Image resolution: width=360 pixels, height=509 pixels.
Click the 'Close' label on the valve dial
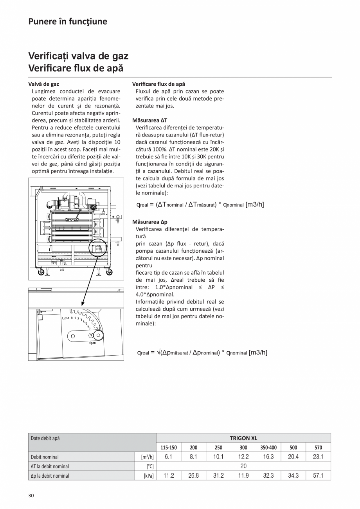click(x=65, y=318)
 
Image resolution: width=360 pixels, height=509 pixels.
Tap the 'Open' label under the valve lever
click(x=92, y=343)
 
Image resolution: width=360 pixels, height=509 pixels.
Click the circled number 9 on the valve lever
click(x=91, y=335)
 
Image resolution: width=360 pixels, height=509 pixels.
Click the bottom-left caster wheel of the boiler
click(x=40, y=273)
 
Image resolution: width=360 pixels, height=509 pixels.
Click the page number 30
click(x=31, y=495)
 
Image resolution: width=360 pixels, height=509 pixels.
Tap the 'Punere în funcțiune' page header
click(x=68, y=22)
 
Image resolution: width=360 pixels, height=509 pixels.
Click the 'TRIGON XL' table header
click(x=243, y=438)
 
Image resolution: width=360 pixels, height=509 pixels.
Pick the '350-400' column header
click(x=268, y=448)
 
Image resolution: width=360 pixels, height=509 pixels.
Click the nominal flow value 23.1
click(x=318, y=457)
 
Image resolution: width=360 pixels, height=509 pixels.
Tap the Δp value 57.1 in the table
click(x=318, y=476)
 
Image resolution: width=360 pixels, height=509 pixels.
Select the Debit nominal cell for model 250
click(x=218, y=457)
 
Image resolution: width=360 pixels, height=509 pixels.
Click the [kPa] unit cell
click(x=149, y=476)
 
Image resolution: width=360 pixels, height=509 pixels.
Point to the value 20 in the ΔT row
click(x=243, y=466)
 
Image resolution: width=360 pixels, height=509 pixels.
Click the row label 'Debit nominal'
click(x=45, y=457)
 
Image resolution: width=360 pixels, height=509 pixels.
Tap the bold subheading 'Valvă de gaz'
click(x=44, y=84)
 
